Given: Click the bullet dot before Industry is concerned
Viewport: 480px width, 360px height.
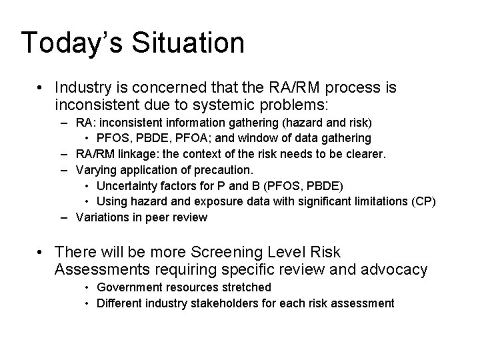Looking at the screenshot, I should (41, 88).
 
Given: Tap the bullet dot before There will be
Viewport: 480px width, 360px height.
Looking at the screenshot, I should (41, 253).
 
